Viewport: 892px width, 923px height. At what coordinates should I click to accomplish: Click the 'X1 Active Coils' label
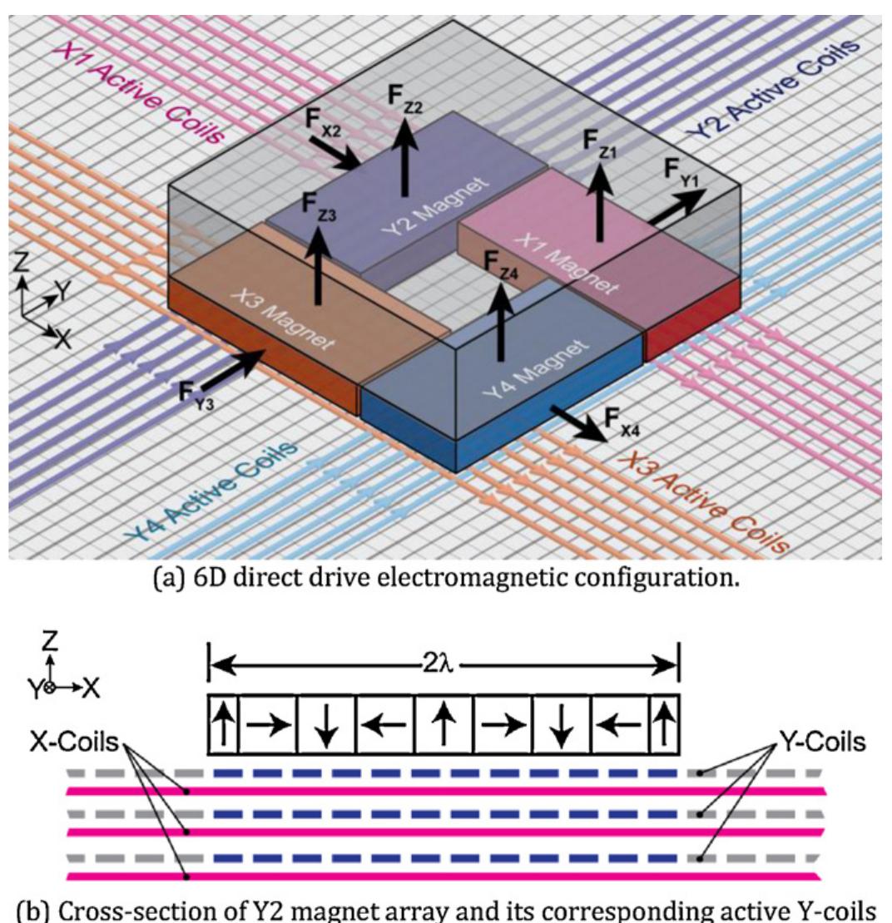[x=143, y=84]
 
